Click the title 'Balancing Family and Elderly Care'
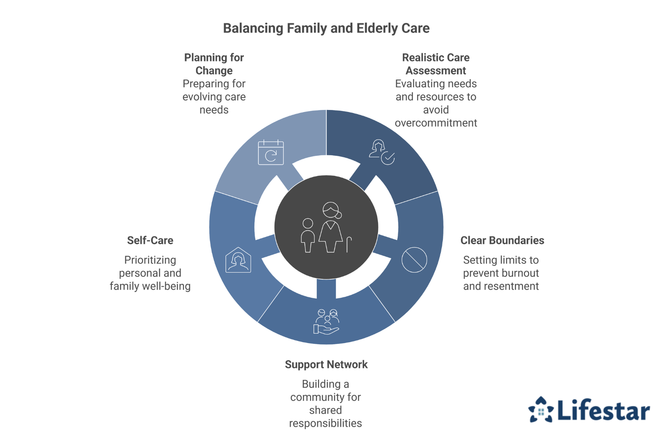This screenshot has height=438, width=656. [326, 28]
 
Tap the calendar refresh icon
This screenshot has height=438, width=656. [271, 152]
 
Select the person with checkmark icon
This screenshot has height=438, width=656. [381, 152]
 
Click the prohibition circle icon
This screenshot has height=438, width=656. [414, 260]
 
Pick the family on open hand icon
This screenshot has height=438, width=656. [326, 322]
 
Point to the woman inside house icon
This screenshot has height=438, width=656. [238, 260]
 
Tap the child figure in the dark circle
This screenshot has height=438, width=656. [307, 235]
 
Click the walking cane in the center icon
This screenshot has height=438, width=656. [349, 244]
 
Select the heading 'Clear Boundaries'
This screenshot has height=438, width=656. [502, 240]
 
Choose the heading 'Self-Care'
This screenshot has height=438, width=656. [150, 240]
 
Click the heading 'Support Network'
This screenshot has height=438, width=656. [326, 364]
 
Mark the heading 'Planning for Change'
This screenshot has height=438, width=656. [214, 64]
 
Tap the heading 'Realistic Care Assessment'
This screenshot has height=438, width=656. [436, 64]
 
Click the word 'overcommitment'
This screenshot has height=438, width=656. [436, 123]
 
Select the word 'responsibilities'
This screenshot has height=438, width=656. [325, 423]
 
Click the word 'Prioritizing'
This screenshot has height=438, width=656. [150, 260]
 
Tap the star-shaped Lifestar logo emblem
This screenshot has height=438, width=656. [541, 410]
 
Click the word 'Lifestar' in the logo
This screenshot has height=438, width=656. [603, 411]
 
